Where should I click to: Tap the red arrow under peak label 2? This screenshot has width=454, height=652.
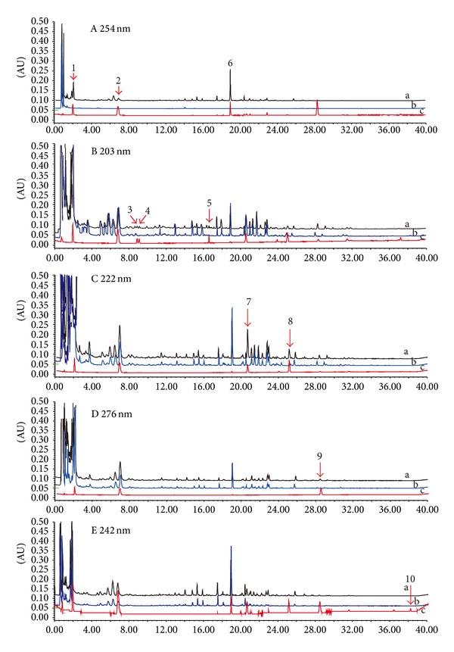(x=119, y=90)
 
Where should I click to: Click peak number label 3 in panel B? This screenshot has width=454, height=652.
(x=130, y=209)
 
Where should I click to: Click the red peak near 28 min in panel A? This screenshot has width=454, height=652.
(x=317, y=107)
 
